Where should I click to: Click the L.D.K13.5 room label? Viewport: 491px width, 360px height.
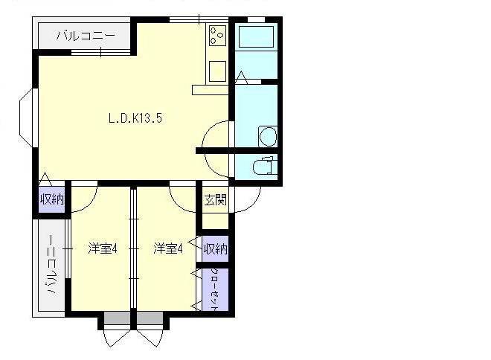[135, 118]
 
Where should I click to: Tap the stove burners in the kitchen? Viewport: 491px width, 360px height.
[218, 36]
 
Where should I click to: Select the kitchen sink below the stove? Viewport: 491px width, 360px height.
[217, 71]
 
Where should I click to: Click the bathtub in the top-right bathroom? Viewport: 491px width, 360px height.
[256, 36]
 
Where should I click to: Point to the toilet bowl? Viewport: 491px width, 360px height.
[265, 166]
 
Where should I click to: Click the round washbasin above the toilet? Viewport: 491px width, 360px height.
[268, 136]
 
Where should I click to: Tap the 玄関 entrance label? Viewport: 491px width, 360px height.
[216, 200]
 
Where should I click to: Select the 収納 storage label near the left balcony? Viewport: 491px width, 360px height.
[52, 199]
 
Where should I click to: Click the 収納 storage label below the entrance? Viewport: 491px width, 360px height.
[216, 249]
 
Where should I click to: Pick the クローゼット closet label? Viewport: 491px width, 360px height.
[215, 289]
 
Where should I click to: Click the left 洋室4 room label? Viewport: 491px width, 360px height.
[103, 249]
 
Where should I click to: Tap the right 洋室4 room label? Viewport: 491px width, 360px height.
[168, 249]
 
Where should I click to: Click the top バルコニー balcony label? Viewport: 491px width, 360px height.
[86, 36]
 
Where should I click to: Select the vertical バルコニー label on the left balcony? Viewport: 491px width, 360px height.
[51, 265]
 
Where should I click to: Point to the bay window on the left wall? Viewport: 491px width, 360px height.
[26, 118]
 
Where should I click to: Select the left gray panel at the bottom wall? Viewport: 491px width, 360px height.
[117, 318]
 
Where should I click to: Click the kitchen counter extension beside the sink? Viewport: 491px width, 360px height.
[211, 90]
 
